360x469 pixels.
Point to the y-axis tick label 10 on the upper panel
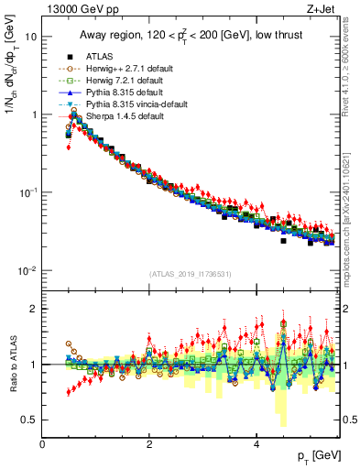click(30, 38)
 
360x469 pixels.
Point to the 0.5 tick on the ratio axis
click(29, 420)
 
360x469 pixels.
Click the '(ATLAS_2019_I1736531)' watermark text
click(190, 274)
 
